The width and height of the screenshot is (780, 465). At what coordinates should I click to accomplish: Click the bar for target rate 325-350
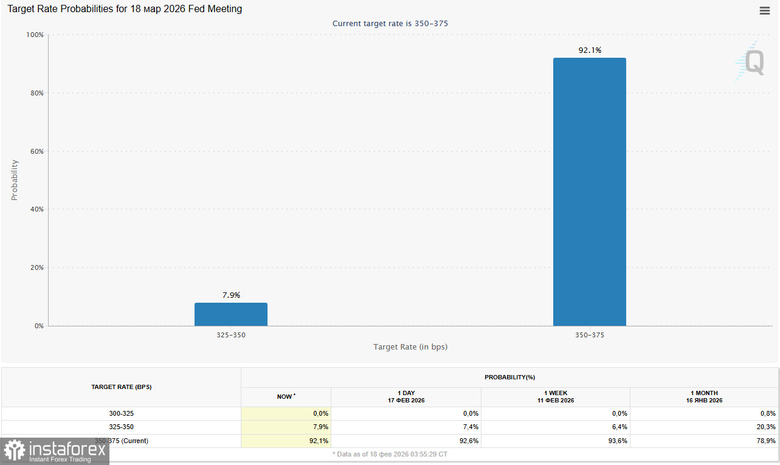[230, 314]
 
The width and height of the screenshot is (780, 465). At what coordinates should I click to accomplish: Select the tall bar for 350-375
[589, 191]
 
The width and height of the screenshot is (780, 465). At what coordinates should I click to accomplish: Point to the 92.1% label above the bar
[589, 50]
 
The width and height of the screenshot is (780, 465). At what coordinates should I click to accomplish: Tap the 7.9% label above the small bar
[231, 295]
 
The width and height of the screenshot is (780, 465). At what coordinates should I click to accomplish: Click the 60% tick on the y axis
[36, 151]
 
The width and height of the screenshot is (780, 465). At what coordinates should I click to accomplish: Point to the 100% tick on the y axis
[35, 35]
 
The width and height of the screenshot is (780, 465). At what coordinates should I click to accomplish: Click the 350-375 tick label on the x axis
[589, 335]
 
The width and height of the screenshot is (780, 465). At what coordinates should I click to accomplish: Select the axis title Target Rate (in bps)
[410, 347]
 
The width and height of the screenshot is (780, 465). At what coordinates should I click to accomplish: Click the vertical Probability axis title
[15, 180]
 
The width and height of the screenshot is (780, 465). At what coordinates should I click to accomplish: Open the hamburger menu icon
[764, 11]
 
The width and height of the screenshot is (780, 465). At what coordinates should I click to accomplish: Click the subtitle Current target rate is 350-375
[390, 24]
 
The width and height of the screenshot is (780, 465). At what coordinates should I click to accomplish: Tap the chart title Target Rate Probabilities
[125, 9]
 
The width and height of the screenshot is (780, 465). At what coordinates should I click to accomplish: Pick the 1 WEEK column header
[555, 397]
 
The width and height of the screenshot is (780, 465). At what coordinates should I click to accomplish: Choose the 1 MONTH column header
[705, 397]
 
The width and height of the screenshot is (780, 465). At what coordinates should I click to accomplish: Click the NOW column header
[286, 397]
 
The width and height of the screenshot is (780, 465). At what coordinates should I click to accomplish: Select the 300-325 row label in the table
[121, 413]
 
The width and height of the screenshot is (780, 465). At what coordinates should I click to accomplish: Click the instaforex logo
[54, 451]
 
